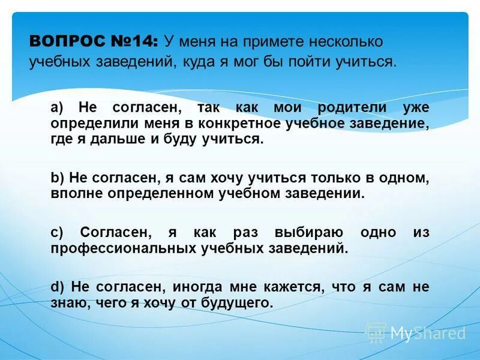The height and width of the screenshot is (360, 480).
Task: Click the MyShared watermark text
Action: pyautogui.click(x=427, y=333)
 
